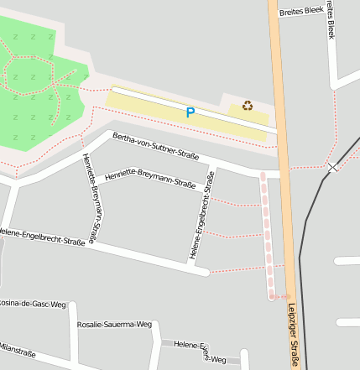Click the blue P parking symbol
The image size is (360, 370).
[190, 112]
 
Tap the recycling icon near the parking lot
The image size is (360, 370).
[248, 105]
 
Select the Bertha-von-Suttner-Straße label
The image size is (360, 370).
[155, 144]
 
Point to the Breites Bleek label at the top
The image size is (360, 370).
[301, 11]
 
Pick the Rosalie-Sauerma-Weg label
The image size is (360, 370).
[114, 324]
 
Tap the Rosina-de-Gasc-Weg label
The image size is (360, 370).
[32, 303]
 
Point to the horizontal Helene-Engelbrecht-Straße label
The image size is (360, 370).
[42, 236]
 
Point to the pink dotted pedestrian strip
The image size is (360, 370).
[267, 235]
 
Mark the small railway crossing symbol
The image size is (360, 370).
[332, 168]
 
